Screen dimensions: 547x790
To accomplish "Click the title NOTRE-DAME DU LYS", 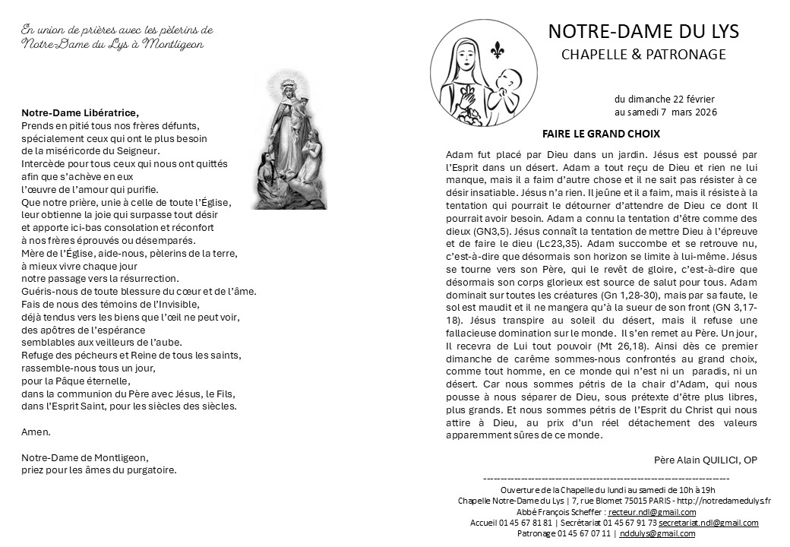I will click(x=643, y=31).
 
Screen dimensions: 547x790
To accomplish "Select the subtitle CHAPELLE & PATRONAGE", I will click(x=643, y=55).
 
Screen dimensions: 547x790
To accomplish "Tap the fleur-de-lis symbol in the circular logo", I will click(x=498, y=49).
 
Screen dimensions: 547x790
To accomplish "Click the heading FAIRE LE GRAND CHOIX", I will click(x=601, y=134).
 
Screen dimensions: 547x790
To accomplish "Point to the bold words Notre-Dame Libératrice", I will click(x=80, y=113).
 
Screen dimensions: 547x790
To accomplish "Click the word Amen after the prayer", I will click(x=36, y=432).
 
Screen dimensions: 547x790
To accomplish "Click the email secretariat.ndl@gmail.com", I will click(x=708, y=523).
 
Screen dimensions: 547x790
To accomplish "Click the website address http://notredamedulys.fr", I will click(x=722, y=501).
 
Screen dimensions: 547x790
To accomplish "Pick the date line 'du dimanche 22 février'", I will click(x=664, y=100).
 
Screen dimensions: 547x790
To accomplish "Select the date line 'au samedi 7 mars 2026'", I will click(x=665, y=112).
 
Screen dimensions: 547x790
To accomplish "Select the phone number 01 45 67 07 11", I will click(x=584, y=533).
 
